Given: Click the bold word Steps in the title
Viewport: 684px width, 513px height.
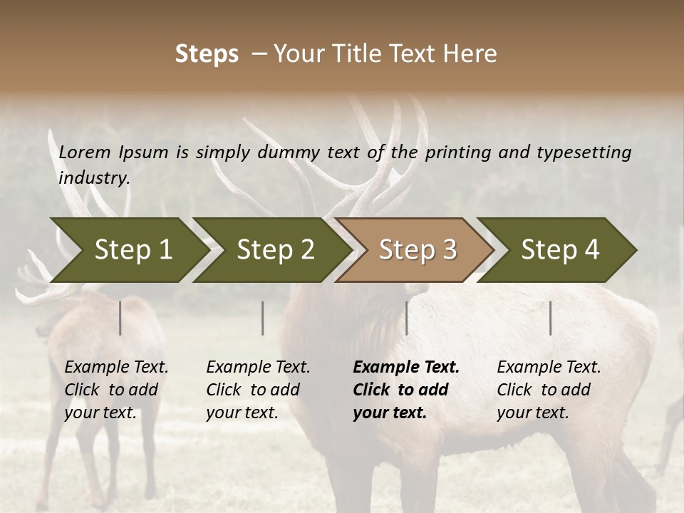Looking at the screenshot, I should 207,54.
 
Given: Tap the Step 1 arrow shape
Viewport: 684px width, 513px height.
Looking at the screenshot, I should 128,250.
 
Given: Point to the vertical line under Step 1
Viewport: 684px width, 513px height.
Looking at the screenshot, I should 120,318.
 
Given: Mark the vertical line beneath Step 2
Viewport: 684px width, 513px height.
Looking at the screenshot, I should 262,318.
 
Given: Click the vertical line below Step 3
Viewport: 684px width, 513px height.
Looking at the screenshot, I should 406,318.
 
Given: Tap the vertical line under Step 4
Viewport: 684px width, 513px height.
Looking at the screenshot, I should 550,318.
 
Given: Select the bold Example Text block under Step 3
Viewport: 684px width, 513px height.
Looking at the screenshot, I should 406,390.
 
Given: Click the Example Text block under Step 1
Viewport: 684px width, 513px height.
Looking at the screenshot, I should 116,390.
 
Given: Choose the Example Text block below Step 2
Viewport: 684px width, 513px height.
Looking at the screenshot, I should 258,390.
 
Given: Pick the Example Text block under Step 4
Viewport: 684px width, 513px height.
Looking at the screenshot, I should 549,390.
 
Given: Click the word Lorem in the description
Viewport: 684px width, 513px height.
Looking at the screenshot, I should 85,152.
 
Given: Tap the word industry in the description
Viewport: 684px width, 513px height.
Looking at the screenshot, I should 93,178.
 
